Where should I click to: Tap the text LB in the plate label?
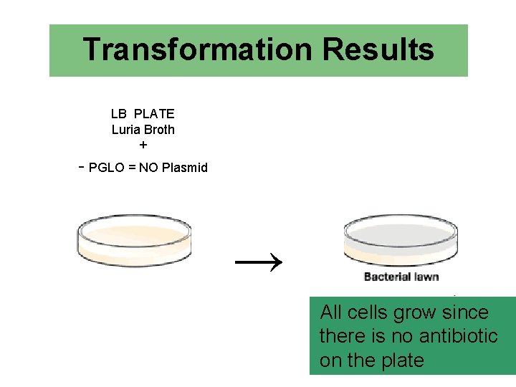point(119,114)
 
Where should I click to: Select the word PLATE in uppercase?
point(154,114)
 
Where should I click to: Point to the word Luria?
point(126,130)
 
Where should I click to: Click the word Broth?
point(159,130)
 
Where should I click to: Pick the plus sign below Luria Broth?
point(143,145)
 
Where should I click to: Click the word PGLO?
point(105,168)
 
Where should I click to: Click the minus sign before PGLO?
point(82,167)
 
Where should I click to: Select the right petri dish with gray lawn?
point(401,239)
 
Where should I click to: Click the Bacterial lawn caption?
point(401,277)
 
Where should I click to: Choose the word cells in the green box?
point(369,312)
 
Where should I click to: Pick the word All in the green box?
point(332,312)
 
